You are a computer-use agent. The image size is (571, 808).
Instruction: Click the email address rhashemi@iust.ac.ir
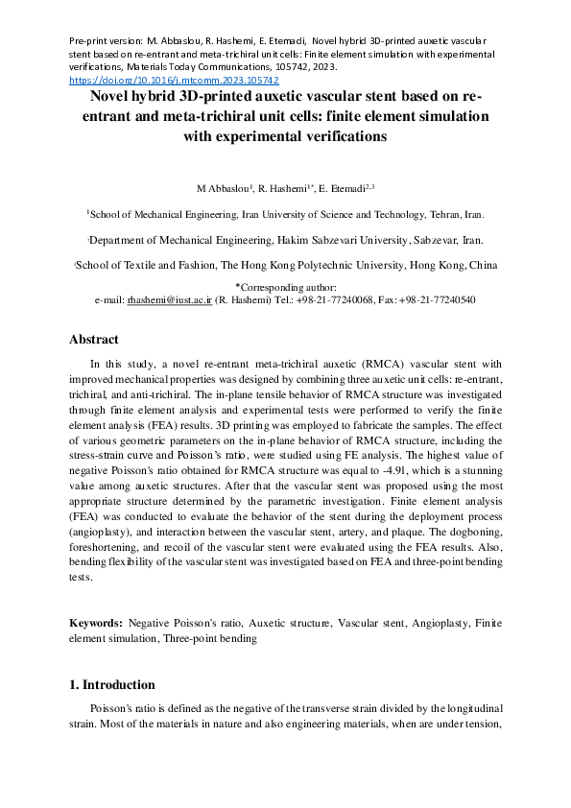tap(169, 300)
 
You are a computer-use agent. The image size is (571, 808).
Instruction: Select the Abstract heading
tap(94, 340)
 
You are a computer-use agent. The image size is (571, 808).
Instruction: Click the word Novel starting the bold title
tap(112, 96)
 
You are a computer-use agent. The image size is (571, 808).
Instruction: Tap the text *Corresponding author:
tap(285, 287)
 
